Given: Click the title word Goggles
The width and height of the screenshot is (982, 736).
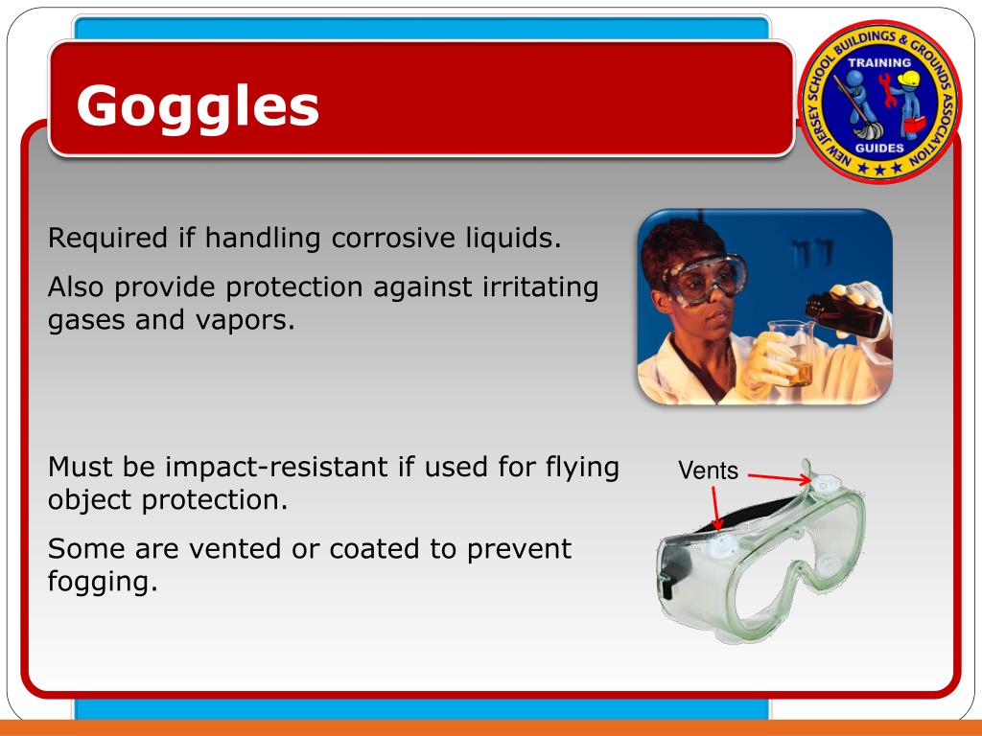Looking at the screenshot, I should pyautogui.click(x=198, y=105).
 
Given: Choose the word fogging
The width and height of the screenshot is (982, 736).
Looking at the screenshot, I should pyautogui.click(x=101, y=582).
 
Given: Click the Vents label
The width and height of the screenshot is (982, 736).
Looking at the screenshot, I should pyautogui.click(x=708, y=471).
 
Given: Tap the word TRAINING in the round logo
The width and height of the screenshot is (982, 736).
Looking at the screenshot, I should pyautogui.click(x=878, y=63).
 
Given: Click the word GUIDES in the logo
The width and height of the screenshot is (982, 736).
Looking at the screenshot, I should pyautogui.click(x=878, y=149).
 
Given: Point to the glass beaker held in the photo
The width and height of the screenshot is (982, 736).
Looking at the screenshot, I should pyautogui.click(x=789, y=354).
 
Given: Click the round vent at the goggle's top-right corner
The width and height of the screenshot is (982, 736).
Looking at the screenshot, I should pyautogui.click(x=822, y=486).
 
